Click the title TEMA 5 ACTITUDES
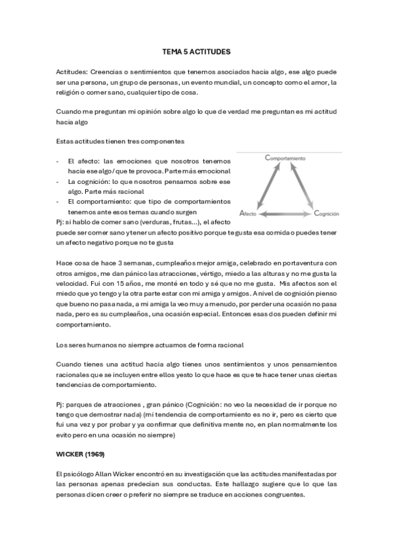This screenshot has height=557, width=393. [x=196, y=51]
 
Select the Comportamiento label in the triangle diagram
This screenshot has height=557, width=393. [x=285, y=158]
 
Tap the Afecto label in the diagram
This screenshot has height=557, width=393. [x=249, y=213]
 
